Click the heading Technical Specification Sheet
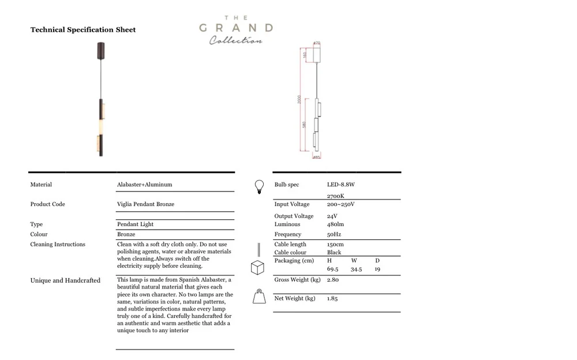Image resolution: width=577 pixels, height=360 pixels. (83, 29)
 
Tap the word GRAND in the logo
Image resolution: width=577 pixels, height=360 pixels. (236, 28)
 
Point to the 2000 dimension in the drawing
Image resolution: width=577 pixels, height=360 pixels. (299, 100)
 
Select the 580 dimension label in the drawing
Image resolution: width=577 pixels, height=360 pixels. (304, 125)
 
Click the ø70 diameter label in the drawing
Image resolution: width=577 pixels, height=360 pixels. (316, 43)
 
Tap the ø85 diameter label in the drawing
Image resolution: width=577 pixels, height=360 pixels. (316, 157)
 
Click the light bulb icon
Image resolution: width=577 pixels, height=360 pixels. (259, 187)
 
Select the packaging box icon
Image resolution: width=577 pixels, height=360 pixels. (257, 268)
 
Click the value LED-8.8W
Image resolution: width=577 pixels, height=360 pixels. (341, 185)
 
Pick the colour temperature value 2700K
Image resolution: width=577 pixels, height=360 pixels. (335, 196)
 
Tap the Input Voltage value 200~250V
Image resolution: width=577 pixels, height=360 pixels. (340, 204)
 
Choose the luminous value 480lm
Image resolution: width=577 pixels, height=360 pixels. (335, 224)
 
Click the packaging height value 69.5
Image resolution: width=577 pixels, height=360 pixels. (332, 269)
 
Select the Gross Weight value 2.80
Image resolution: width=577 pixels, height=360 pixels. (333, 280)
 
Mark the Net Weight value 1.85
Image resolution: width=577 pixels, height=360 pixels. (332, 298)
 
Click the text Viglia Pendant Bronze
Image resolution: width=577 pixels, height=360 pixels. (145, 204)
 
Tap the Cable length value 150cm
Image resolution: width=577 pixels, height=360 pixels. (335, 245)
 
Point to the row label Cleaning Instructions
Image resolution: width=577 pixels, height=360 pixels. (58, 245)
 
